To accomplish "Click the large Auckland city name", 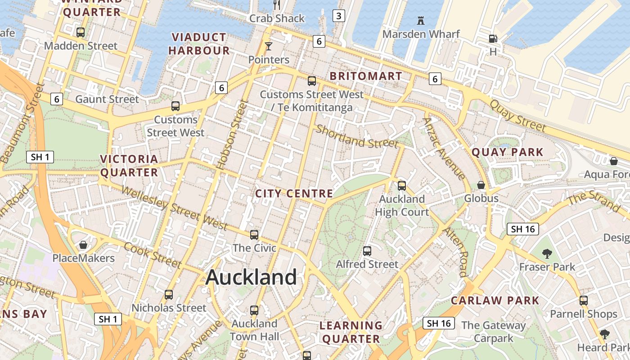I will point(251,277).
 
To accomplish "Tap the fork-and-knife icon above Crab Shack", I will point(277,5).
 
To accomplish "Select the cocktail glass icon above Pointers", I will point(269,46).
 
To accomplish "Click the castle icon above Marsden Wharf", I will point(421,21).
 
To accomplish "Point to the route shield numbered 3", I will point(338,16).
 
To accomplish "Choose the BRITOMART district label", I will point(365,76).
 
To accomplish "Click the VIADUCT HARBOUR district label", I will point(199,44).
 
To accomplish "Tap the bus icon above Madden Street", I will point(81,32).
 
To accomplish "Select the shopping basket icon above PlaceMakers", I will point(83,245).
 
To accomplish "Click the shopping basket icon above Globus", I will point(481,185).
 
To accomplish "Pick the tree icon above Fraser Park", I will point(547,253).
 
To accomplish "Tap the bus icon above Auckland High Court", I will point(402,185).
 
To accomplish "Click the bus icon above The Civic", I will point(254,234).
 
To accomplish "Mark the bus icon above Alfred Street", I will point(367,251).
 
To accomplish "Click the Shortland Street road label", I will point(357,136).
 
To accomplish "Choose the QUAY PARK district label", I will point(508,152).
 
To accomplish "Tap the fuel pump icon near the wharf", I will point(493,39).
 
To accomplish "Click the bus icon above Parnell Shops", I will point(584,301).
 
